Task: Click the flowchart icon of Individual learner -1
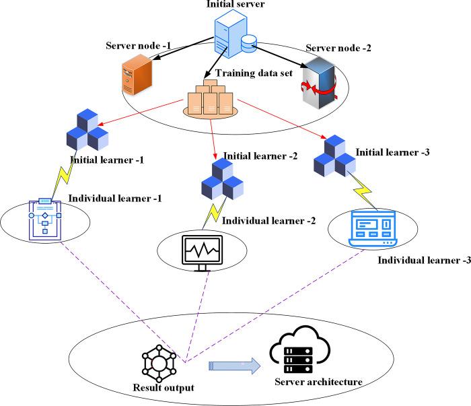44,216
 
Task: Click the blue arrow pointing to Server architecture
234,366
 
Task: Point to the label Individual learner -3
425,260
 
